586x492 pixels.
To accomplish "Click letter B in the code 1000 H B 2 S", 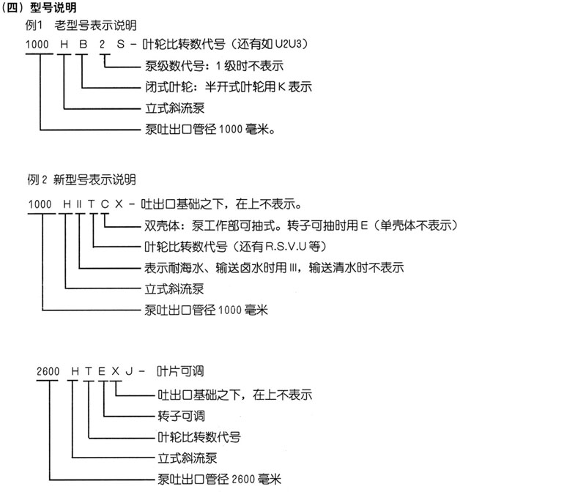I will click(83, 45).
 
